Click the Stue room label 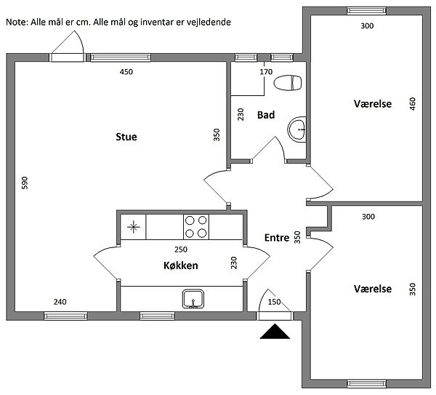point(126,137)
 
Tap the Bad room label point(266,115)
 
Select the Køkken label point(181,266)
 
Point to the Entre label point(277,238)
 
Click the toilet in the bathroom point(288,83)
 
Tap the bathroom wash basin point(296,129)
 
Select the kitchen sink point(193,299)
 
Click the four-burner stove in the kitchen point(196,227)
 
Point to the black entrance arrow point(275,331)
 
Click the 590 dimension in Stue point(25,183)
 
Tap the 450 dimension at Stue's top point(126,72)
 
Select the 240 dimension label point(60,302)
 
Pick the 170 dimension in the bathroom point(266,72)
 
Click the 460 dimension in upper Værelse point(413,103)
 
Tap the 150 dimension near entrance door point(274,302)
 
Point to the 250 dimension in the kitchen point(181,250)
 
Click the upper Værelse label point(373,104)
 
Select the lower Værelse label point(373,289)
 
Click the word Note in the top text point(17,22)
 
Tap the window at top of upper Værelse point(367,11)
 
